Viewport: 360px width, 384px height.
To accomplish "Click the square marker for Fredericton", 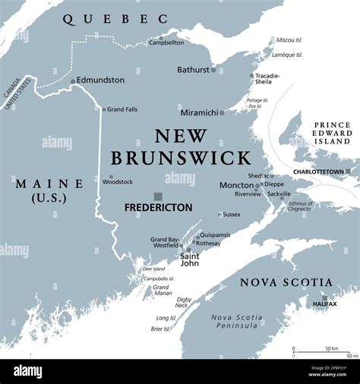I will click(x=158, y=196).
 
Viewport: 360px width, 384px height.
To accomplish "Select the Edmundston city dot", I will click(x=73, y=81).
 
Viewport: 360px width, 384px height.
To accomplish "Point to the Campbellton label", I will click(x=166, y=42).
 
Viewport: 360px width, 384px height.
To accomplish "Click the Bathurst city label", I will click(x=192, y=70).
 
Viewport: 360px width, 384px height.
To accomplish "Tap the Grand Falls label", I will click(x=122, y=109).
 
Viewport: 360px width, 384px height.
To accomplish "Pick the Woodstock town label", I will click(x=118, y=182).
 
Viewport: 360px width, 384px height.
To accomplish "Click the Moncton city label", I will click(x=236, y=184).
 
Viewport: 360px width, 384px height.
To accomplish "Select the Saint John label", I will click(x=190, y=260).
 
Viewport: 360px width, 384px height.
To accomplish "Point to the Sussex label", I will click(x=231, y=215).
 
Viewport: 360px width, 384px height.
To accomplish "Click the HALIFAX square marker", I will click(x=324, y=297).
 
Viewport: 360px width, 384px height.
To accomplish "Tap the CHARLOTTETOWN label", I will click(x=317, y=172).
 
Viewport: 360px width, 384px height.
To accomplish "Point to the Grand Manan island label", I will click(x=161, y=291).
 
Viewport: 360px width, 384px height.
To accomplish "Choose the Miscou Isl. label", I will click(x=288, y=39).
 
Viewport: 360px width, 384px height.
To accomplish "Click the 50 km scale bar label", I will click(x=331, y=348).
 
